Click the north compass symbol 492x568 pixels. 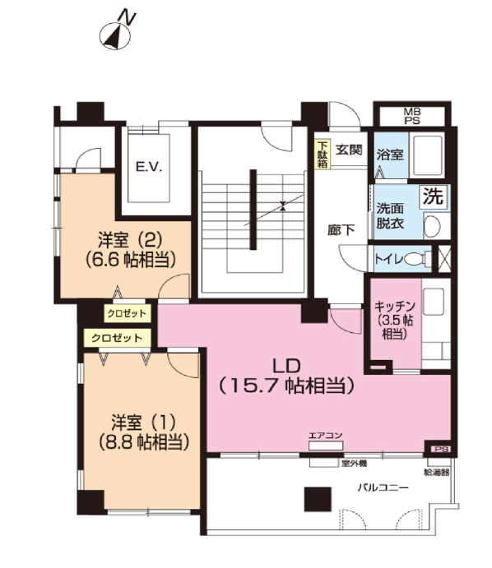point(115,35)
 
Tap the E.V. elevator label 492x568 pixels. point(149,168)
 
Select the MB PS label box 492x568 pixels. point(412,116)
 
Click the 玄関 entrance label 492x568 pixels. point(349,150)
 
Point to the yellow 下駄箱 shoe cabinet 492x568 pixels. point(323,155)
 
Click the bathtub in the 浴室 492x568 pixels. point(428,155)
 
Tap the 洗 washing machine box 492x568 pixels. point(434,196)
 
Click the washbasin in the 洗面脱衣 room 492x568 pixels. point(432,226)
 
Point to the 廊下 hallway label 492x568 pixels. point(341,230)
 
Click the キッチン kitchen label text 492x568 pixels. point(394,307)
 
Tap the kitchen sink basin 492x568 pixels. point(434,302)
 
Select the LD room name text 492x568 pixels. point(286,367)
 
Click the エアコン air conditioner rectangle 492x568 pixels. point(326,446)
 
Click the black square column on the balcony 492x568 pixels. point(318,499)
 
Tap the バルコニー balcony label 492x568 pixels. point(383,487)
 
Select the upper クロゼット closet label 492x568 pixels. point(127,314)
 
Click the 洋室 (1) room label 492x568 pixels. point(144,423)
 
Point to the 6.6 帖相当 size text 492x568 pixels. point(131,260)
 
